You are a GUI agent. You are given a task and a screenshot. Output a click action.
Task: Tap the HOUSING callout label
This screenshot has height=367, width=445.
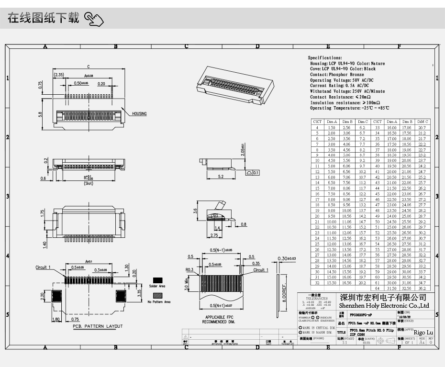point(139,114)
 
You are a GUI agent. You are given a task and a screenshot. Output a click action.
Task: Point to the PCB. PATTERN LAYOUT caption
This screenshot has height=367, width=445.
point(98,326)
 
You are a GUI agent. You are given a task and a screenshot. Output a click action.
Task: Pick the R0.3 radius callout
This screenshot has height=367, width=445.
point(189,270)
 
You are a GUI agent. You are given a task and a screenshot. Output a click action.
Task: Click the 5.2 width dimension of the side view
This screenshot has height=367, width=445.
point(221,177)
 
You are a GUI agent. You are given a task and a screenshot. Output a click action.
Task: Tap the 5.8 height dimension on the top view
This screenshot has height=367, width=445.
point(40,113)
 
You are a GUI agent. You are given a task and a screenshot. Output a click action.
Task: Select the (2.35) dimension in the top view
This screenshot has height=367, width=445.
point(59,75)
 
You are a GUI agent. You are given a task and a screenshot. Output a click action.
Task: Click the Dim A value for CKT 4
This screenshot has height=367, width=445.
point(332,128)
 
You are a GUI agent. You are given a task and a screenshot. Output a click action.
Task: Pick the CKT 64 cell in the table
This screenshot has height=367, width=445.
point(377,289)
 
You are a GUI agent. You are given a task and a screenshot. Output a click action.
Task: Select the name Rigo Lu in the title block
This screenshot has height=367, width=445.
point(423,332)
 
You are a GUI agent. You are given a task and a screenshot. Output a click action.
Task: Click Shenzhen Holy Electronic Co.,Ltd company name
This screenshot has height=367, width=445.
point(384,305)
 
